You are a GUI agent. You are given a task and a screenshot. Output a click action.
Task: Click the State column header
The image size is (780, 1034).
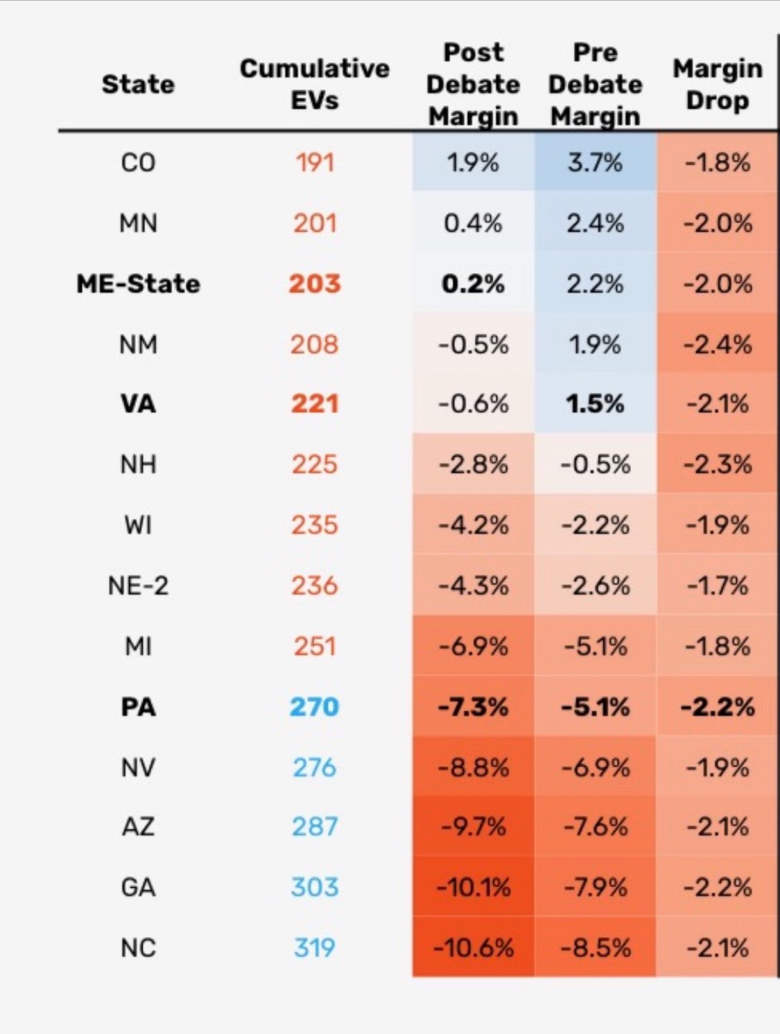(138, 85)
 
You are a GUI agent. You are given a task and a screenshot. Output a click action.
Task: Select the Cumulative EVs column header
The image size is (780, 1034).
(314, 84)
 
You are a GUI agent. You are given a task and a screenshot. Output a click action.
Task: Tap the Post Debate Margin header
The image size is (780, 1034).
(474, 85)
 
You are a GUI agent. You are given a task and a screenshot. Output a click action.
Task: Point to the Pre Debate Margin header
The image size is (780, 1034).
(595, 85)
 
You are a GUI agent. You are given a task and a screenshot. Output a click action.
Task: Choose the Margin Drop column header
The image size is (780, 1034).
(717, 85)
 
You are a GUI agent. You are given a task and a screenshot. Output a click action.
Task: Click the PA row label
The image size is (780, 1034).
(138, 707)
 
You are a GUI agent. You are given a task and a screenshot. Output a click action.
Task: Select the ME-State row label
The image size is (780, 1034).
(138, 283)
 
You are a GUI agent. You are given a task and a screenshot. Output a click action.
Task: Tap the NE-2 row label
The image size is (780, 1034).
(138, 586)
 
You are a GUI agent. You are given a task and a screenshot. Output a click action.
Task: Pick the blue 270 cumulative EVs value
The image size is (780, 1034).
(314, 707)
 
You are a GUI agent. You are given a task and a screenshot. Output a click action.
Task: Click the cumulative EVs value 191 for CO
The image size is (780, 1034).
(314, 163)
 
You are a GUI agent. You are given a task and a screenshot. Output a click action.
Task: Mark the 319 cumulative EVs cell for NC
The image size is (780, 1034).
(314, 947)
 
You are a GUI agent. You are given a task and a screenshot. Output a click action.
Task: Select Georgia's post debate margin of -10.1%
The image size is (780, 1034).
(474, 887)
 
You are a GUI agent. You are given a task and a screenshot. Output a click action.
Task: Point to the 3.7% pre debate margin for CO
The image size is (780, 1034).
(595, 163)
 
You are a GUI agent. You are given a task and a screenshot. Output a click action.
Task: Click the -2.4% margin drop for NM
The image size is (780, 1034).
(717, 344)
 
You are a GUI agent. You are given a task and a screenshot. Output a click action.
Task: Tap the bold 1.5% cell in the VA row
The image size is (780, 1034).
(595, 403)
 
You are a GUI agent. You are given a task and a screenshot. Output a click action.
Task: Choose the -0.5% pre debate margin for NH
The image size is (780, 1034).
(595, 464)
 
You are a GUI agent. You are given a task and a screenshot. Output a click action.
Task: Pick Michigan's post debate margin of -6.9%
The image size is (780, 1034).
(474, 647)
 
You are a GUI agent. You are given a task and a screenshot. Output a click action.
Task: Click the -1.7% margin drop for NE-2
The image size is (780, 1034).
(717, 586)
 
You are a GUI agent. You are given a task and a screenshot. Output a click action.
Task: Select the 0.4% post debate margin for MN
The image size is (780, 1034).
(474, 223)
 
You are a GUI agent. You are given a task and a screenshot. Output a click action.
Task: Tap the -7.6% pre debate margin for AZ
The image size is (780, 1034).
(595, 827)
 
